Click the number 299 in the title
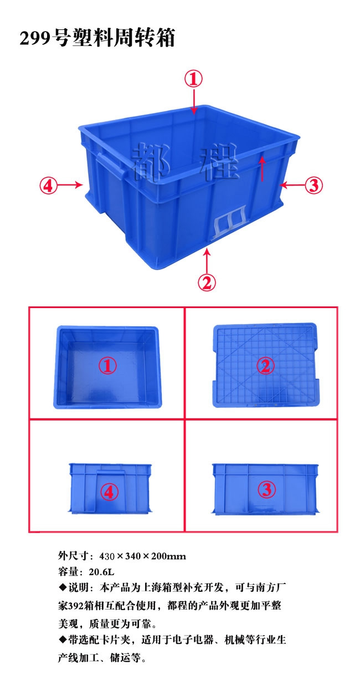click(35, 39)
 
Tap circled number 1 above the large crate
click(193, 79)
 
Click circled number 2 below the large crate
click(207, 282)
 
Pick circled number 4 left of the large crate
click(48, 185)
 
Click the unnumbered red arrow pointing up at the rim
click(262, 168)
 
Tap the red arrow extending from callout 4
click(70, 185)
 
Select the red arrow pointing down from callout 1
click(193, 101)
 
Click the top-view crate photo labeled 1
click(107, 367)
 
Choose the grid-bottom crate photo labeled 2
click(265, 365)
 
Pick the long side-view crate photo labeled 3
click(265, 489)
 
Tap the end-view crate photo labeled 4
click(110, 489)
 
